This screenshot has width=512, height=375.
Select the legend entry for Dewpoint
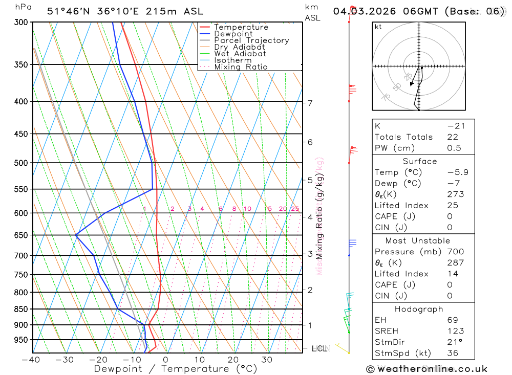pyautogui.click(x=233, y=34)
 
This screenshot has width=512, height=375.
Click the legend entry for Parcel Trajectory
pyautogui.click(x=251, y=40)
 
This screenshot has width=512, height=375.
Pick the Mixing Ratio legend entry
pyautogui.click(x=241, y=67)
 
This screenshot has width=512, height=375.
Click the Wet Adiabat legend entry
pyautogui.click(x=240, y=54)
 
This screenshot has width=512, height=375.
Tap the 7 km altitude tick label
pyautogui.click(x=310, y=103)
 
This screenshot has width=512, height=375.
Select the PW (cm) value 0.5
pyautogui.click(x=454, y=148)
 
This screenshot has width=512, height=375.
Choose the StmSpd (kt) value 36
pyautogui.click(x=452, y=353)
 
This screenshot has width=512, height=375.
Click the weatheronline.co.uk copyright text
pyautogui.click(x=426, y=368)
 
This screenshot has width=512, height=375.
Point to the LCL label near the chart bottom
pyautogui.click(x=319, y=348)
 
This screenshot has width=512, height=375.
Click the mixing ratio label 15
pyautogui.click(x=268, y=209)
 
